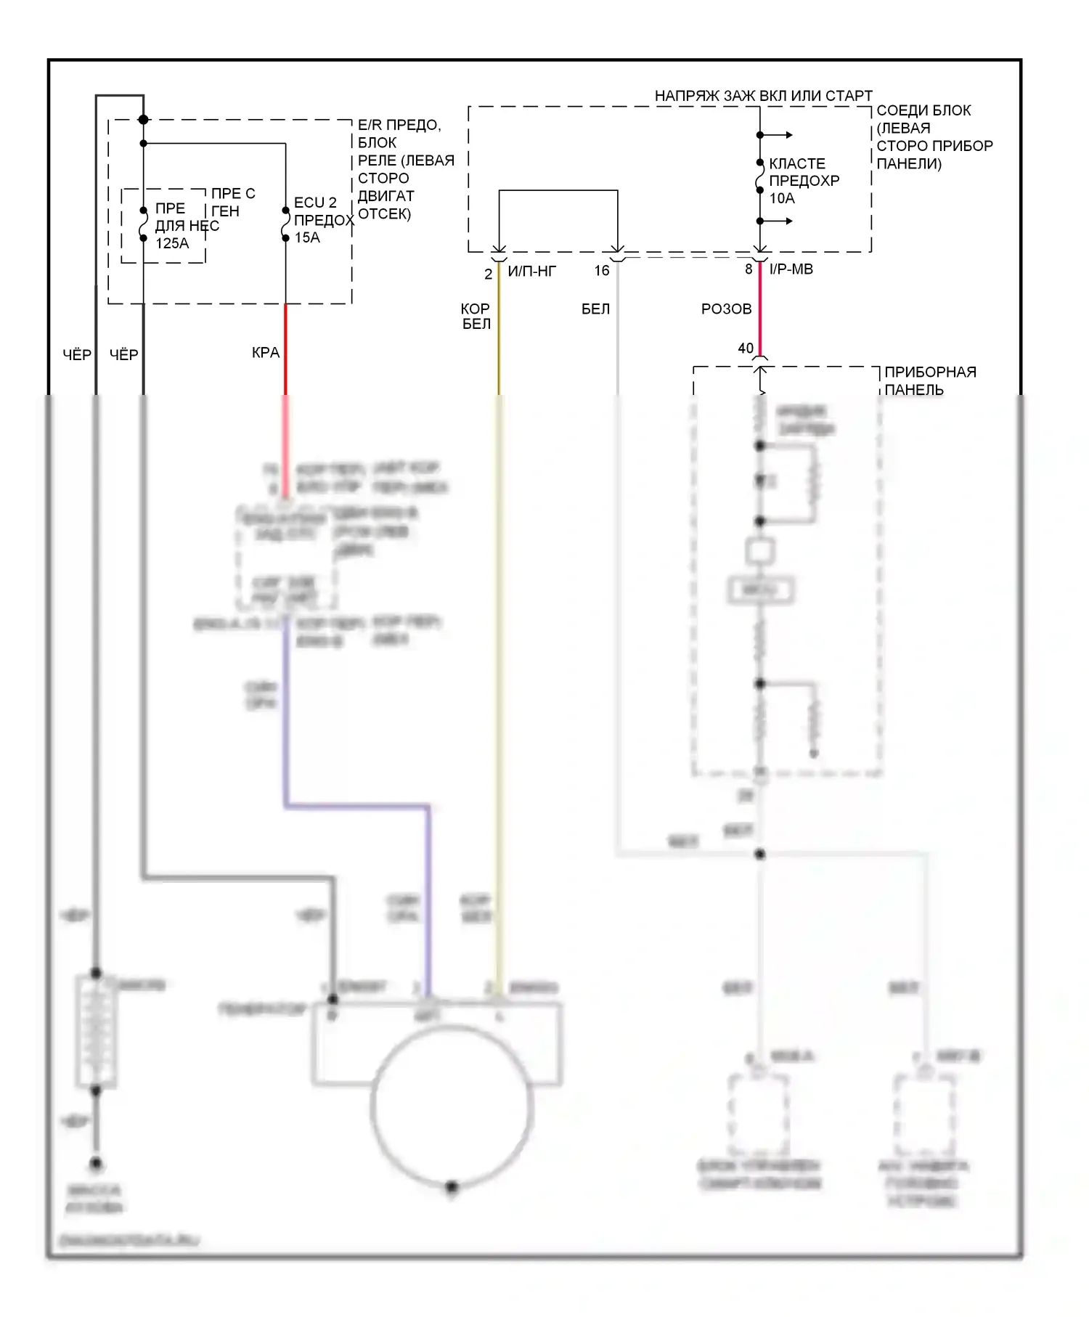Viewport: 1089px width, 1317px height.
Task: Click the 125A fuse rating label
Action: click(x=172, y=243)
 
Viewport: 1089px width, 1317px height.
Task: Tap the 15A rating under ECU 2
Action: click(x=307, y=237)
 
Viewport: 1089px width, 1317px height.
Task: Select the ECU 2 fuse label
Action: click(x=315, y=203)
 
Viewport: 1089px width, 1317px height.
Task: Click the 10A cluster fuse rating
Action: click(x=782, y=198)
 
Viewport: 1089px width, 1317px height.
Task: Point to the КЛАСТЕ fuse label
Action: click(x=797, y=163)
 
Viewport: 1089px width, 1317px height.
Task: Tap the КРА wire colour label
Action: click(x=266, y=353)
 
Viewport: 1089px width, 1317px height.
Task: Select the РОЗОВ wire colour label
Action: click(x=726, y=309)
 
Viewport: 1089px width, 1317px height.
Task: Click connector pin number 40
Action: click(x=746, y=348)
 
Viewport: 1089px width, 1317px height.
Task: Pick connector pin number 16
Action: click(x=602, y=271)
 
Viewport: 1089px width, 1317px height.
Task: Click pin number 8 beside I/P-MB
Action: click(x=749, y=269)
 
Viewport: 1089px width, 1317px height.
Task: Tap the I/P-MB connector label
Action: click(x=791, y=269)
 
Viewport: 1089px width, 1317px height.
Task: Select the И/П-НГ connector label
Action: click(x=531, y=272)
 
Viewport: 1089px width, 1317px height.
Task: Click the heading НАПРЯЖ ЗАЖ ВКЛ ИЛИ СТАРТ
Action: click(x=763, y=96)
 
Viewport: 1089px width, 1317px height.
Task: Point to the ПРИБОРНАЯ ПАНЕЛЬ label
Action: click(x=929, y=380)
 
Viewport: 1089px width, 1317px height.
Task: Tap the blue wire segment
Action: click(x=356, y=805)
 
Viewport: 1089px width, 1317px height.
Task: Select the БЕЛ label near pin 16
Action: click(x=595, y=309)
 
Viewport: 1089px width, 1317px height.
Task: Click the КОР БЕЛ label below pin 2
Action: click(x=476, y=317)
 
